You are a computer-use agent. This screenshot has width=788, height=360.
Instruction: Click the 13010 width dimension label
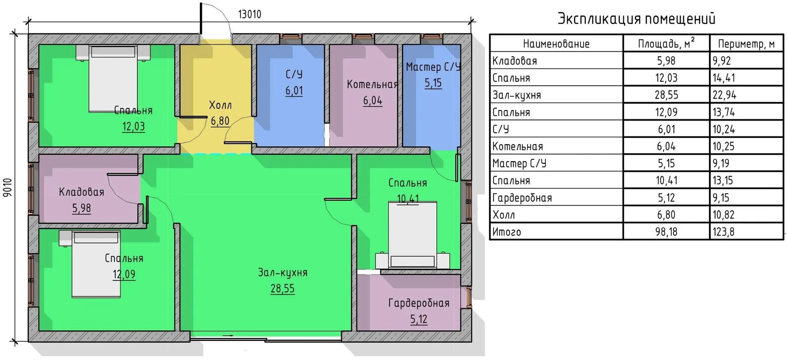tap(250, 14)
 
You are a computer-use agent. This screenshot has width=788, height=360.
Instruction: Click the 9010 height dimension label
tap(8, 188)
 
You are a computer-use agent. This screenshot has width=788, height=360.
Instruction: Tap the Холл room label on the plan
tap(220, 105)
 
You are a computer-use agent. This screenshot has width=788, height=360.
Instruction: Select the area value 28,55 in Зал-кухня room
tap(282, 289)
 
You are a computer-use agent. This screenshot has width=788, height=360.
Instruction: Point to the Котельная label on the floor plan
tap(372, 85)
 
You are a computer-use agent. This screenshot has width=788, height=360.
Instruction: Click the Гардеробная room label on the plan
tap(419, 303)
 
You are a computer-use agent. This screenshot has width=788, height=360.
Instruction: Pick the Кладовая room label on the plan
tap(81, 192)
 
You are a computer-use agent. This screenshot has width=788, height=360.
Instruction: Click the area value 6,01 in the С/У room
tap(294, 91)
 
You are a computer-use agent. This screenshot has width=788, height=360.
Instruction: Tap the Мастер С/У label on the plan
tap(433, 67)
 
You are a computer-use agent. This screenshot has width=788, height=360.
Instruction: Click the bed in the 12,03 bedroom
tap(113, 78)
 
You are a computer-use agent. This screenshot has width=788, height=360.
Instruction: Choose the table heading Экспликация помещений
tap(636, 19)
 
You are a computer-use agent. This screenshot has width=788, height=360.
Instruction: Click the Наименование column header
tap(556, 44)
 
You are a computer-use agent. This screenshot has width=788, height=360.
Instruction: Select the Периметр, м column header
tap(746, 44)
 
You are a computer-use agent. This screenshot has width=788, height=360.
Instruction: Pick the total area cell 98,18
tap(666, 232)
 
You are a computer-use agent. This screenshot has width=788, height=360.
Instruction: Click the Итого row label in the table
tap(506, 232)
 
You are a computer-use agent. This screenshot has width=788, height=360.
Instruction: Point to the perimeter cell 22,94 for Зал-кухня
tap(724, 95)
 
